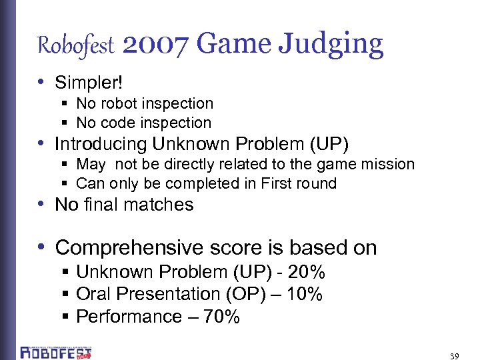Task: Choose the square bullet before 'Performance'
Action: point(66,317)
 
